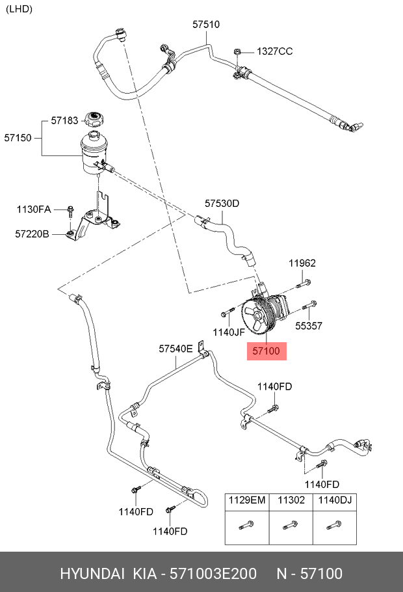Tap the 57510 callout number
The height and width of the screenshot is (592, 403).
point(206,25)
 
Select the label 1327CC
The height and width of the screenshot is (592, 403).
point(274,51)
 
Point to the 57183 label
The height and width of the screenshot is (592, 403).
point(64,121)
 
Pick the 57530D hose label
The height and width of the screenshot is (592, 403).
point(222,204)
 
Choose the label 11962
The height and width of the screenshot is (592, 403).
point(302,263)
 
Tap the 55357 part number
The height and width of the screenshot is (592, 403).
point(309,326)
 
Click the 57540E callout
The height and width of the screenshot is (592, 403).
point(175,349)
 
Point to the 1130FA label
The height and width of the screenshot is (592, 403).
point(33,209)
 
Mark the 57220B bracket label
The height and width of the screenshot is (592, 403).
point(32,233)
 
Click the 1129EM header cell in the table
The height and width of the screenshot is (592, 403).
point(247,500)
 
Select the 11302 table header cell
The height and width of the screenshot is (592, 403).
point(291,500)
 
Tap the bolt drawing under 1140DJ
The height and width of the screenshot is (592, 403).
point(334,525)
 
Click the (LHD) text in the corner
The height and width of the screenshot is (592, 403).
point(19,9)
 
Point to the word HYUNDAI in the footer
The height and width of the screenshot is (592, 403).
point(92,573)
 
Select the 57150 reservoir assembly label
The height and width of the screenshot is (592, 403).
point(18,138)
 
